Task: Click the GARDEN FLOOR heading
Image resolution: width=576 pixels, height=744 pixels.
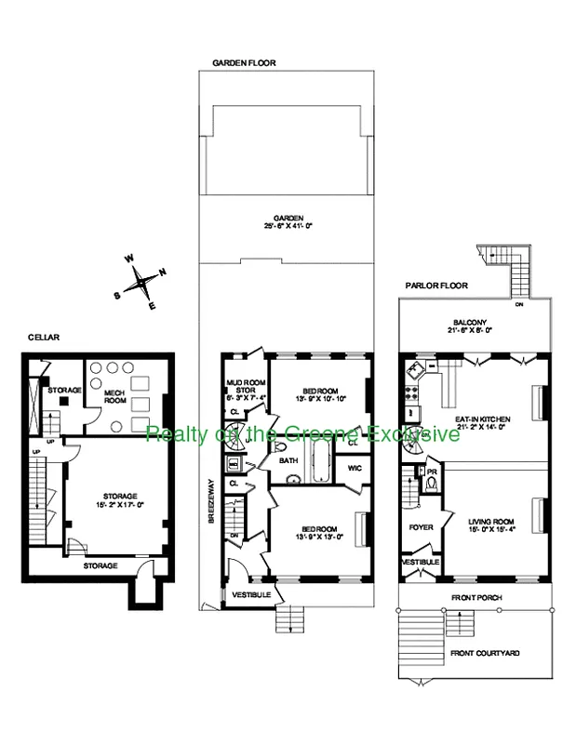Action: [x=244, y=63]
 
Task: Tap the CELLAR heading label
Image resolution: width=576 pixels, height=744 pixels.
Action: [x=44, y=338]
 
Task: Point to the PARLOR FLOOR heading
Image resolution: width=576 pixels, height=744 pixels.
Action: [x=435, y=286]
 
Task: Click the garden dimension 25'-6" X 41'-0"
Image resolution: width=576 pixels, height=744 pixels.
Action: [x=295, y=225]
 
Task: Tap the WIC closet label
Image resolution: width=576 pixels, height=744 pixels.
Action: [x=355, y=468]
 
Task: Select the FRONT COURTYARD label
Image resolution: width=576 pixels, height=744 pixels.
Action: [x=484, y=653]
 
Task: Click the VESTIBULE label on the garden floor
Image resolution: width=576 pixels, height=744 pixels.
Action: [x=250, y=593]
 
